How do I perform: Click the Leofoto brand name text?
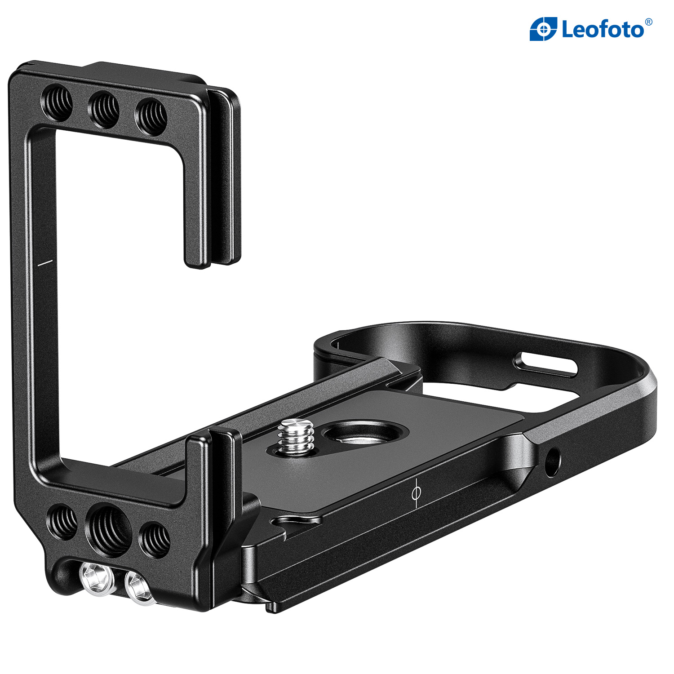603,30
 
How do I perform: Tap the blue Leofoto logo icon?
543,29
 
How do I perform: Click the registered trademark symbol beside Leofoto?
648,22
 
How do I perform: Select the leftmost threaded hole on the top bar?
57,103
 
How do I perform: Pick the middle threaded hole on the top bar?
104,110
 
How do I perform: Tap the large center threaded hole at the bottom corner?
108,528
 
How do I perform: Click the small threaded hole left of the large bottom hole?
62,522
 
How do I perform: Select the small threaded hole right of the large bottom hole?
154,540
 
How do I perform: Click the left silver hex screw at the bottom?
95,580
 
